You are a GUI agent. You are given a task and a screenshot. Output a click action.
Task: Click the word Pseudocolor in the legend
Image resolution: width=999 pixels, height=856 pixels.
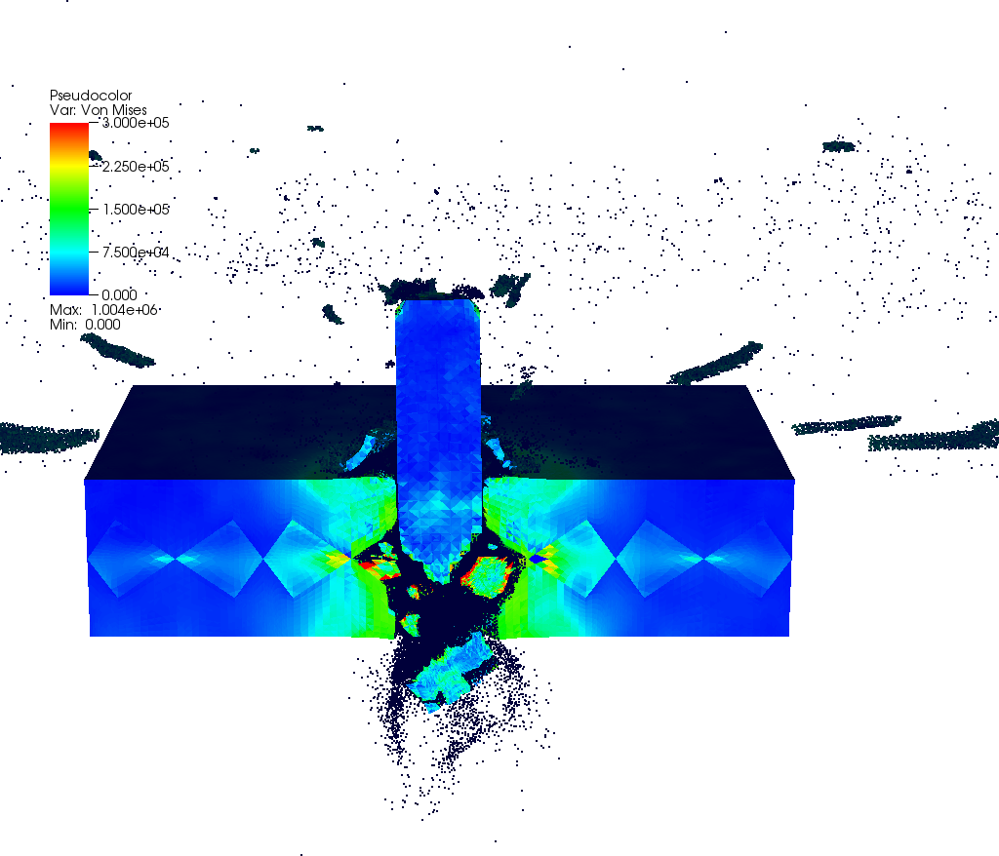pos(91,96)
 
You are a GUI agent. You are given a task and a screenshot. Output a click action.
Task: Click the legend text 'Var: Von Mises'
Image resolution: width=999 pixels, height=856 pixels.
pos(99,109)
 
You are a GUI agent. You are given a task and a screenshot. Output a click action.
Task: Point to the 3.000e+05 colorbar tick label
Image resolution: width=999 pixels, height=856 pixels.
pos(136,123)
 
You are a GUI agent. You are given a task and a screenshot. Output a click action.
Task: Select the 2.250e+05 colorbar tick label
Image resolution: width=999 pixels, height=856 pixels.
pos(136,167)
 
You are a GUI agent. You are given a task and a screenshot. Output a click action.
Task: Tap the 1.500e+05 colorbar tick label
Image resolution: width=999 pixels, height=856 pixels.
pos(136,210)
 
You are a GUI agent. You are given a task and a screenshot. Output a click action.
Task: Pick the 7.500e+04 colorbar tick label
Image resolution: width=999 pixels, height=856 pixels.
pos(136,253)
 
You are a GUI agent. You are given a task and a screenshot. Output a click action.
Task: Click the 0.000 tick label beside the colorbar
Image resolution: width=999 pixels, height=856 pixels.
pos(119,294)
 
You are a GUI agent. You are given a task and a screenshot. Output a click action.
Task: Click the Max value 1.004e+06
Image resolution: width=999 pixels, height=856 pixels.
pos(124,309)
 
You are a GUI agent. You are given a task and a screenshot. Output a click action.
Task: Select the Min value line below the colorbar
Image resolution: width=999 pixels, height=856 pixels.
pos(86,325)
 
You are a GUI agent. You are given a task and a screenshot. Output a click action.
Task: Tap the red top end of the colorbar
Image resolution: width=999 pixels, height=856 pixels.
pos(69,128)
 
